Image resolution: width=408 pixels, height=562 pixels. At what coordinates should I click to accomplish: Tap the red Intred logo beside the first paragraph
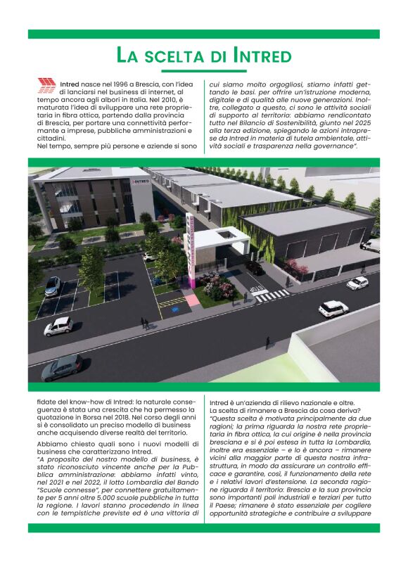click(47, 86)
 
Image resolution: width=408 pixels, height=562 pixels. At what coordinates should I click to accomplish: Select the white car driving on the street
click(333, 307)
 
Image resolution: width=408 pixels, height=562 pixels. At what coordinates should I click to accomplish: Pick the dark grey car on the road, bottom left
click(62, 366)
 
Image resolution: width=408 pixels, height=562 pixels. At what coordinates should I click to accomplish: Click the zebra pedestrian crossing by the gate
click(271, 295)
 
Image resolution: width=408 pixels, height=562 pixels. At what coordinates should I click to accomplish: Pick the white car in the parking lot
click(58, 326)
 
